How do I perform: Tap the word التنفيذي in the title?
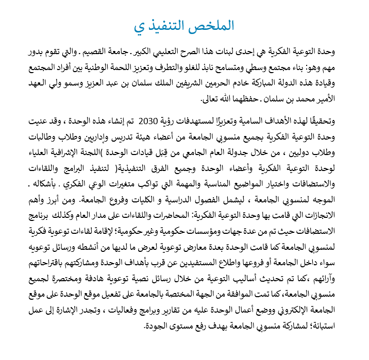pos(160,26)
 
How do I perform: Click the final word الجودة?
pos(159,325)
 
